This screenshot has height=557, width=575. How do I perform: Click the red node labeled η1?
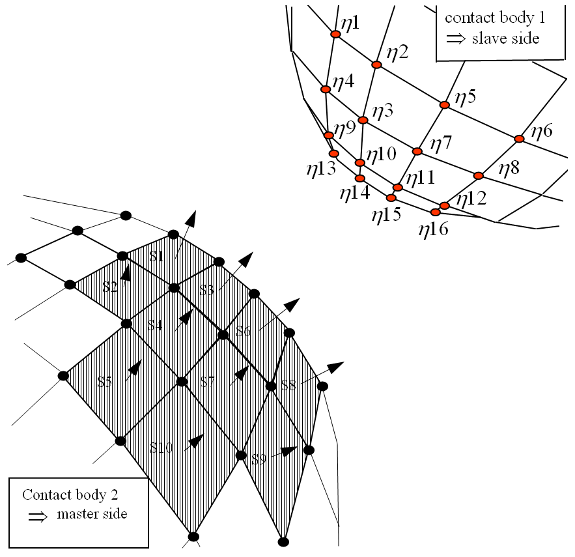(335, 35)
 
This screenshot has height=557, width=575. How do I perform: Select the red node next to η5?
(445, 105)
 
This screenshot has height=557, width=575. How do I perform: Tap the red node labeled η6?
(519, 139)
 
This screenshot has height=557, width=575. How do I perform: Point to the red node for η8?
(479, 175)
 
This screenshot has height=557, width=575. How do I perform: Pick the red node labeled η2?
(376, 64)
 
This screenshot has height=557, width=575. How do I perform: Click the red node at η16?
(435, 211)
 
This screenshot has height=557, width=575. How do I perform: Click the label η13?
(321, 169)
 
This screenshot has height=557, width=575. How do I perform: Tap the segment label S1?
(156, 257)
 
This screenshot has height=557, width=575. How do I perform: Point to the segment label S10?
(161, 448)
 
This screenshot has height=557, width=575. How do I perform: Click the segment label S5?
(105, 382)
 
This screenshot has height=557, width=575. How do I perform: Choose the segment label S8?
(288, 386)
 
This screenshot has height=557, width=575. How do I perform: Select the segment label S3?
(207, 291)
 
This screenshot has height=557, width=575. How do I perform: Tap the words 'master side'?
(92, 515)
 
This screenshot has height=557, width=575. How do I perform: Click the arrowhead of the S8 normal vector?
(336, 366)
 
